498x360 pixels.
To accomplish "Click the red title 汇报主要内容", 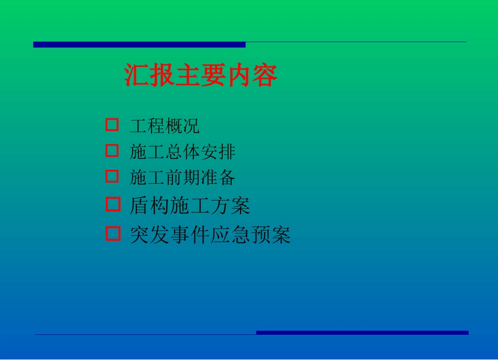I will pos(201,76).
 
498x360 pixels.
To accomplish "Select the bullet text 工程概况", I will pos(165,126).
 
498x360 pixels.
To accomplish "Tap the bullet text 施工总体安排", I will pos(182,152).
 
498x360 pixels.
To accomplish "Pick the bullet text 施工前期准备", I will pos(182,178).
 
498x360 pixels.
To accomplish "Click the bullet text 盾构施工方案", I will pos(190,205).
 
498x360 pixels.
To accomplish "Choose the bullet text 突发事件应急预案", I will pos(210,235).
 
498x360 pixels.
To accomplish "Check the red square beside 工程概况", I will pos(112,125).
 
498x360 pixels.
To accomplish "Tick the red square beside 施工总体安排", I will pos(112,151).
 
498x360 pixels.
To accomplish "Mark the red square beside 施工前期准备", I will pos(112,176).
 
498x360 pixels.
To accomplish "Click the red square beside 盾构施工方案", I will pos(113,204).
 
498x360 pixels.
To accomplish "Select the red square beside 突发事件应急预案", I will pos(113,233).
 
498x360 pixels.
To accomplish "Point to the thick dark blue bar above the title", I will pos(139,45).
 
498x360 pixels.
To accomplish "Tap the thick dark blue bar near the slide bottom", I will pos(362,333).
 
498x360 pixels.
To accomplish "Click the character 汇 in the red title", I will pos(137,76).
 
